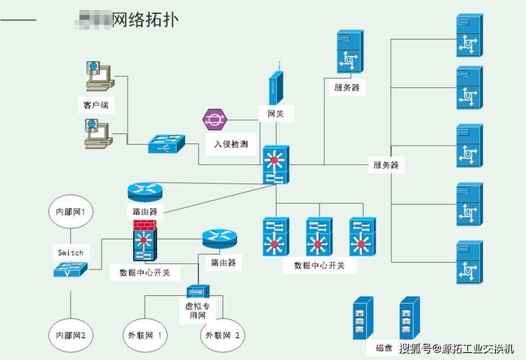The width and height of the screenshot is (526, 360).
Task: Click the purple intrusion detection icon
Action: (214, 118)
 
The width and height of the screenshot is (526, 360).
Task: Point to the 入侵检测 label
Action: (230, 144)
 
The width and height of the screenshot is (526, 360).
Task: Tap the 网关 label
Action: (275, 114)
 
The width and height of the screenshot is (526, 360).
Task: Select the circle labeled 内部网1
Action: (71, 212)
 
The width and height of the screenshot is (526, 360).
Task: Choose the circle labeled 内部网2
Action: (71, 336)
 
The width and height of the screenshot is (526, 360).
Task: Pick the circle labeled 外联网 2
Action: (222, 336)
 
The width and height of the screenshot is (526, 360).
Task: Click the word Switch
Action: (71, 253)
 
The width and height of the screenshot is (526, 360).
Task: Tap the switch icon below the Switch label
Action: (71, 270)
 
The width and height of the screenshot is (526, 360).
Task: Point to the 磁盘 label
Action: (384, 348)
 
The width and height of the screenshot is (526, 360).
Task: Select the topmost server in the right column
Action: (468, 37)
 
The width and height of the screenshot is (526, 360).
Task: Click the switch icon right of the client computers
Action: (166, 144)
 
